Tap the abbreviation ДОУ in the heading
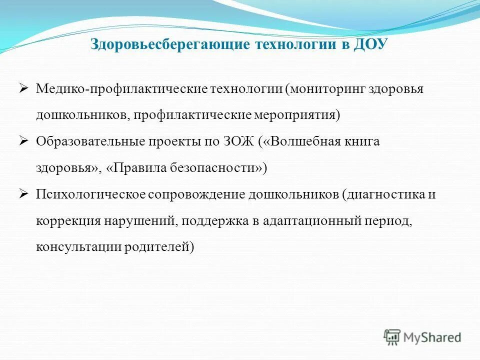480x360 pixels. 370,44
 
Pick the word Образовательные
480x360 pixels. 89,141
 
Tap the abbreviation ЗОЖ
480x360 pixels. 237,141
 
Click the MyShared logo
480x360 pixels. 422,337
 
